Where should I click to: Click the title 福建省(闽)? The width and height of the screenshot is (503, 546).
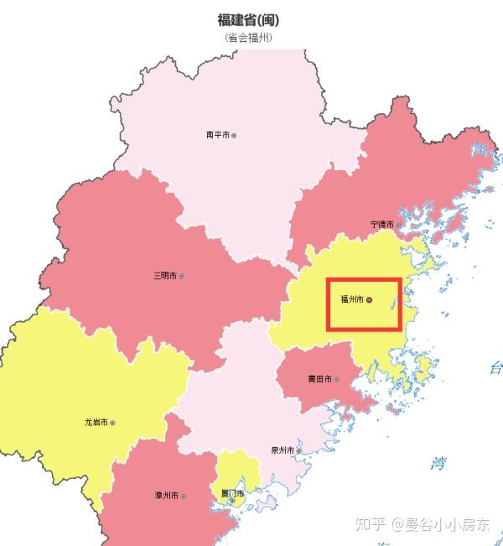tap(248, 20)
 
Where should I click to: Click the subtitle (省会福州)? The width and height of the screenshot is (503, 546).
tap(248, 38)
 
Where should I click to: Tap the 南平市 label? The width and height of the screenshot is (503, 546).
tap(217, 134)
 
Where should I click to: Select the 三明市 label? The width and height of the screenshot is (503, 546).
tap(164, 275)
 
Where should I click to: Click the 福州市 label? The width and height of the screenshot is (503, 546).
tap(351, 299)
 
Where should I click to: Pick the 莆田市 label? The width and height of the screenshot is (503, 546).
tap(319, 379)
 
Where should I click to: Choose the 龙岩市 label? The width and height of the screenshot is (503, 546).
tap(96, 423)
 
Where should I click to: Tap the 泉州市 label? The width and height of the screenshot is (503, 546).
tap(282, 450)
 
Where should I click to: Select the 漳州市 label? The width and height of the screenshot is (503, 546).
tap(166, 496)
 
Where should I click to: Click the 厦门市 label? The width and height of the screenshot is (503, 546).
tap(231, 494)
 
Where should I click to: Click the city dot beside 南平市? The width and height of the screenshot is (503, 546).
tap(234, 134)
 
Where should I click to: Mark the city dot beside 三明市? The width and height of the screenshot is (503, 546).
tap(181, 275)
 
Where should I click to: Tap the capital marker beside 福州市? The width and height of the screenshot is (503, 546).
tap(370, 299)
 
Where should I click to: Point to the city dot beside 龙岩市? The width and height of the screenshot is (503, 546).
tap(112, 423)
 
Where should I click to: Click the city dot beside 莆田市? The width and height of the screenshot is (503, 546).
tap(337, 379)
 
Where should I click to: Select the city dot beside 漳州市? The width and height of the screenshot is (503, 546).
tap(183, 496)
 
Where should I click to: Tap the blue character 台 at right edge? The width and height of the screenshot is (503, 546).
tap(495, 367)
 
